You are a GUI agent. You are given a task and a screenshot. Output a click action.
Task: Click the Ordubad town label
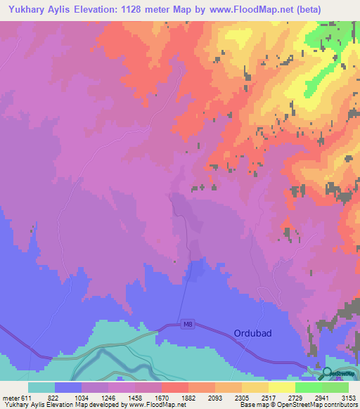(x=252, y=333)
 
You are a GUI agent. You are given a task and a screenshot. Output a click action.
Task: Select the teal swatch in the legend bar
(x=41, y=387)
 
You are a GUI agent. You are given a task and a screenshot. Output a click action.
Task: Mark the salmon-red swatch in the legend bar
(x=175, y=387)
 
